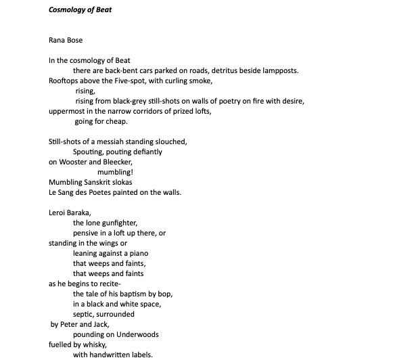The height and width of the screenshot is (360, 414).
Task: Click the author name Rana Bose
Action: pos(65,41)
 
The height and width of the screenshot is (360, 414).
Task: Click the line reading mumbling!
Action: pos(115,172)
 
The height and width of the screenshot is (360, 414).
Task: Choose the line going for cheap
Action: pos(100,121)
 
